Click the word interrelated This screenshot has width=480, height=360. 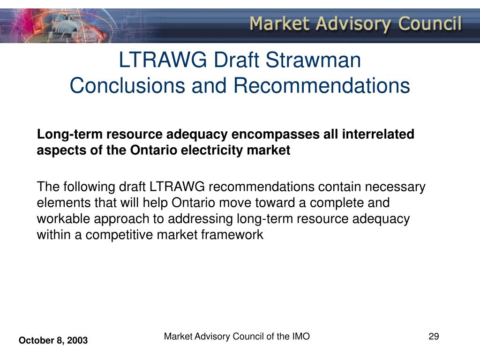coord(378,134)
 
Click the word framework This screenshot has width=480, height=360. coord(232,234)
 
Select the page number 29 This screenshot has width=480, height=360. coord(434,337)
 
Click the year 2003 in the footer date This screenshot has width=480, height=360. coord(77,340)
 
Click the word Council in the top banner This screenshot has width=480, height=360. coord(430,23)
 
